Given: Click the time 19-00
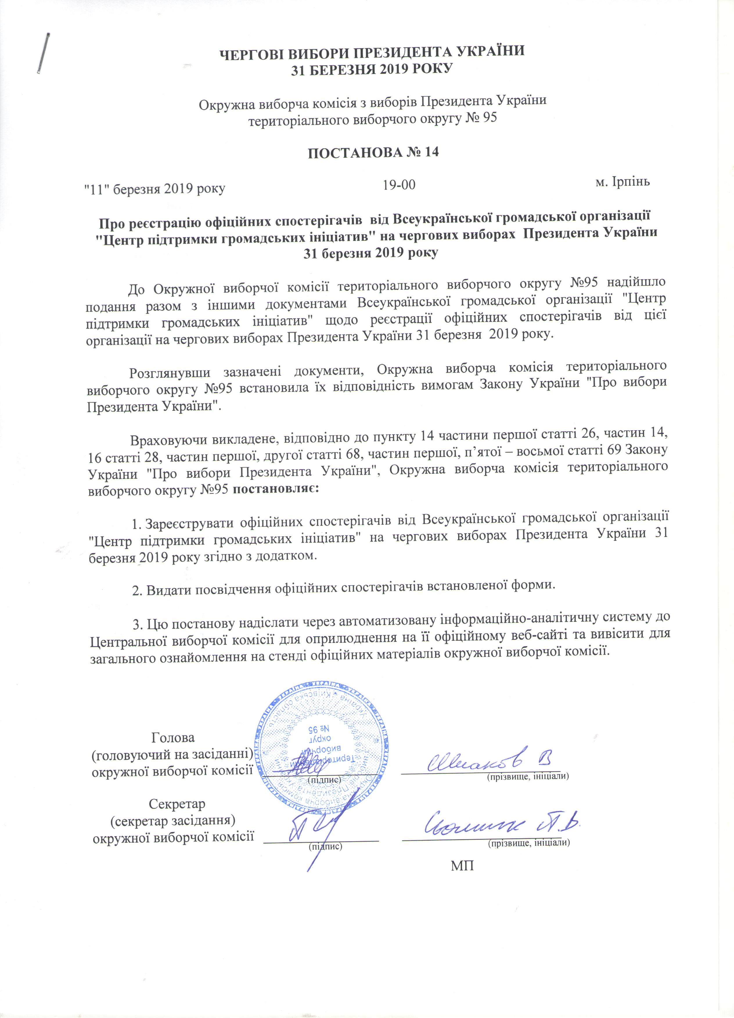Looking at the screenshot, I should point(399,185).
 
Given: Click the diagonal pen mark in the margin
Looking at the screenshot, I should point(44,54).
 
